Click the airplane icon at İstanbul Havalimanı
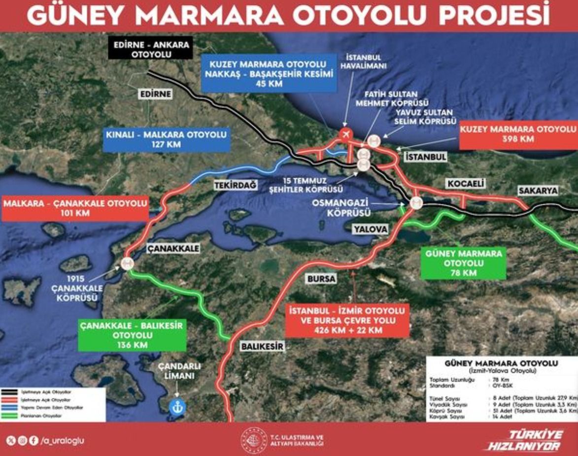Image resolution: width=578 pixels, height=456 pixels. pyautogui.click(x=346, y=134)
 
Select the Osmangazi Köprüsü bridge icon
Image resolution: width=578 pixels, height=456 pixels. pyautogui.click(x=416, y=202)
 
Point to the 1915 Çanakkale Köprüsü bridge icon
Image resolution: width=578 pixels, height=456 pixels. pyautogui.click(x=127, y=263)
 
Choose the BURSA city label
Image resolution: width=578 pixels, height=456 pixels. pyautogui.click(x=321, y=279)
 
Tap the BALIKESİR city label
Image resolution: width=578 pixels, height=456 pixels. pyautogui.click(x=263, y=346)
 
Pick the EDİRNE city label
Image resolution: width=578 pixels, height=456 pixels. pyautogui.click(x=155, y=94)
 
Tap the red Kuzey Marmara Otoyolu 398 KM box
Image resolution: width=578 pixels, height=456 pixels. pyautogui.click(x=517, y=133)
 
